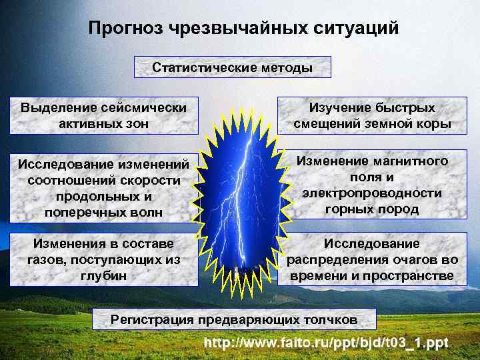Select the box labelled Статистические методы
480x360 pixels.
pyautogui.click(x=233, y=68)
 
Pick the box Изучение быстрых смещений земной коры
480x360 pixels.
pyautogui.click(x=371, y=115)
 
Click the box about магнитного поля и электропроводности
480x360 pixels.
pyautogui.click(x=371, y=185)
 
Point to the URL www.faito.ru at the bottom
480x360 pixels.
pyautogui.click(x=327, y=343)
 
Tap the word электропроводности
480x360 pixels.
pyautogui.click(x=371, y=193)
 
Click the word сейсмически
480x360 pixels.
pyautogui.click(x=143, y=107)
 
